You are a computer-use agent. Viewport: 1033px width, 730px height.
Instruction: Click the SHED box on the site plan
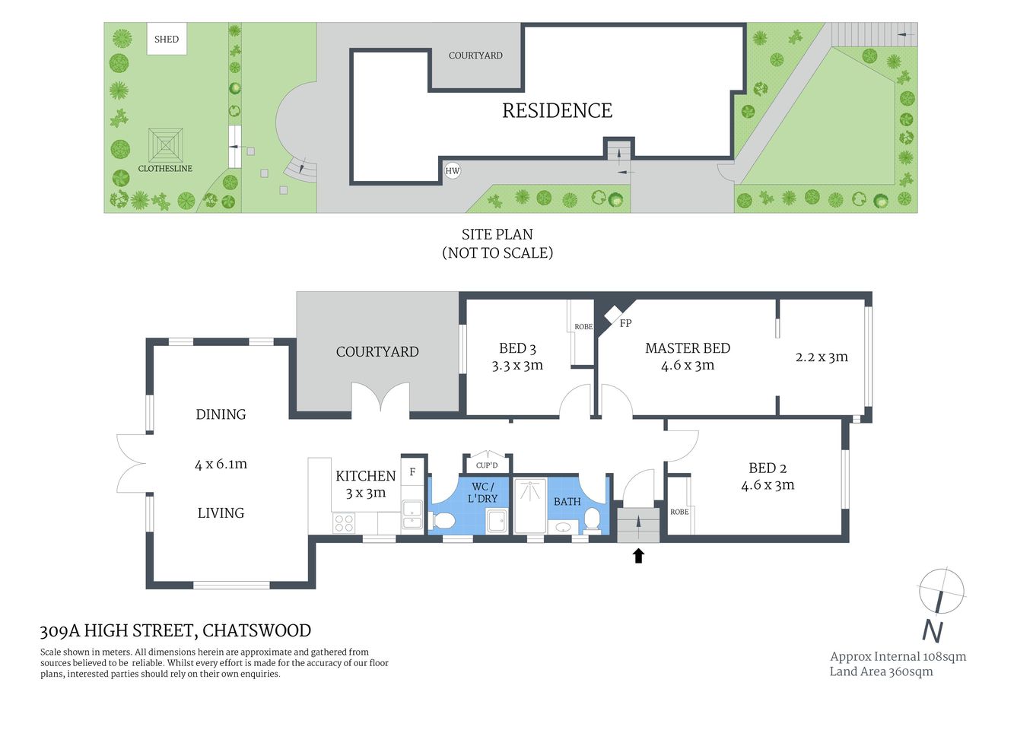click(x=167, y=39)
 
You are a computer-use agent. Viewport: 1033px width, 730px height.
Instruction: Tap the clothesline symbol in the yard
click(x=165, y=144)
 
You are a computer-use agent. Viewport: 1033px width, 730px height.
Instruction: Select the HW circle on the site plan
click(x=453, y=170)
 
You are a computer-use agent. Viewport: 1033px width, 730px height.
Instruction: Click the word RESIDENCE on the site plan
click(x=557, y=111)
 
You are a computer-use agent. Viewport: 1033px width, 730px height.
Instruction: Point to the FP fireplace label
click(x=625, y=323)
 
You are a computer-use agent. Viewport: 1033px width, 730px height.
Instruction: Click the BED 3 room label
click(x=517, y=348)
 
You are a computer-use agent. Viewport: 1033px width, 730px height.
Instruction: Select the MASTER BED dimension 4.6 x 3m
click(x=688, y=365)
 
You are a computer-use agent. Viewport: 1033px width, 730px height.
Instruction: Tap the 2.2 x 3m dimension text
click(x=822, y=357)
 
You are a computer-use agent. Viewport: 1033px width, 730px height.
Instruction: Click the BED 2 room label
click(x=768, y=468)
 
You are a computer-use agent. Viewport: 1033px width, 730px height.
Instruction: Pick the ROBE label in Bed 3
click(x=583, y=327)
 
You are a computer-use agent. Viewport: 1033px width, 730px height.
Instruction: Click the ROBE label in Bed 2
click(x=679, y=512)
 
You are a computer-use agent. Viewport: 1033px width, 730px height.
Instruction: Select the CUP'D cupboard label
click(x=487, y=465)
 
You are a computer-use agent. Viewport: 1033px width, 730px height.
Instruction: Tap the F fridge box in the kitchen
click(x=412, y=472)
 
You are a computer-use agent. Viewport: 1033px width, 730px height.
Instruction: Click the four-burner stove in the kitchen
click(x=344, y=522)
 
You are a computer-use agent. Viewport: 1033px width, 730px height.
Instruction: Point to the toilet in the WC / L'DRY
click(x=443, y=521)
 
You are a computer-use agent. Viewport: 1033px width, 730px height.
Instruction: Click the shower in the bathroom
click(x=530, y=505)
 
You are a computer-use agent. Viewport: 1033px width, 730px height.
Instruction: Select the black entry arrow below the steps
click(x=638, y=556)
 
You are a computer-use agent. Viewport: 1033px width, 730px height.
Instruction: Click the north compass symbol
click(x=941, y=592)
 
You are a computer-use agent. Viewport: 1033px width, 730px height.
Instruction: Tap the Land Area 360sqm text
click(x=881, y=671)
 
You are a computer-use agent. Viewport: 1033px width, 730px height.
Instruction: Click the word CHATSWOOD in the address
click(x=257, y=630)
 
